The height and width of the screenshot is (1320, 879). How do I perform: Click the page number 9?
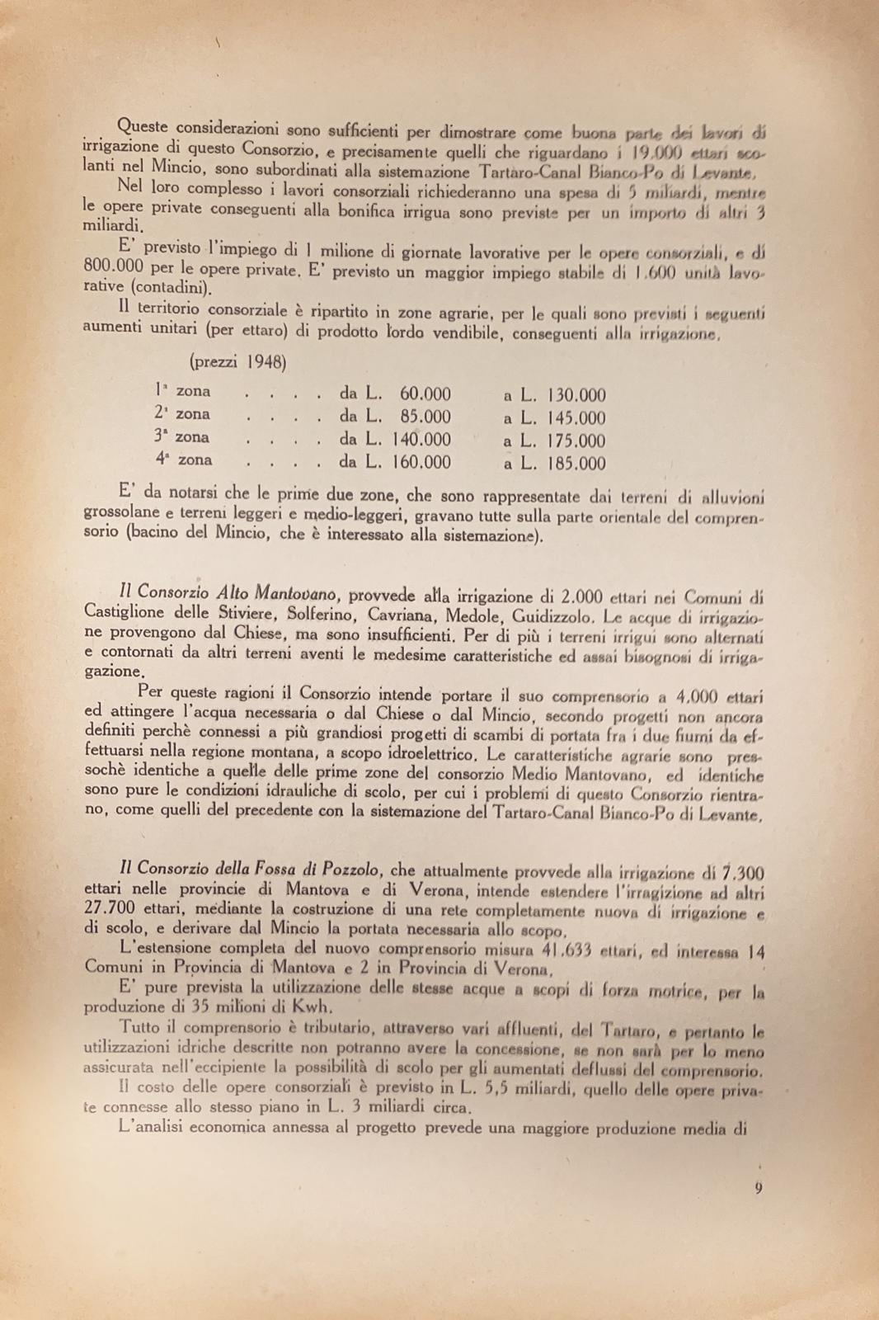758,1189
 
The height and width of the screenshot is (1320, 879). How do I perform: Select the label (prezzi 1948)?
238,361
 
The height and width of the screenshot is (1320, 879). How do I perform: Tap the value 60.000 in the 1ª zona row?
425,394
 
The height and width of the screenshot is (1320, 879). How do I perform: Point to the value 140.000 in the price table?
421,440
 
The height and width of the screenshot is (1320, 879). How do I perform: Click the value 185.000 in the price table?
576,464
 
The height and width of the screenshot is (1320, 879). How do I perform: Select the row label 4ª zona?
183,460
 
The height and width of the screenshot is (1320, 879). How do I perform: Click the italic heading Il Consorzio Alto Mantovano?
228,592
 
